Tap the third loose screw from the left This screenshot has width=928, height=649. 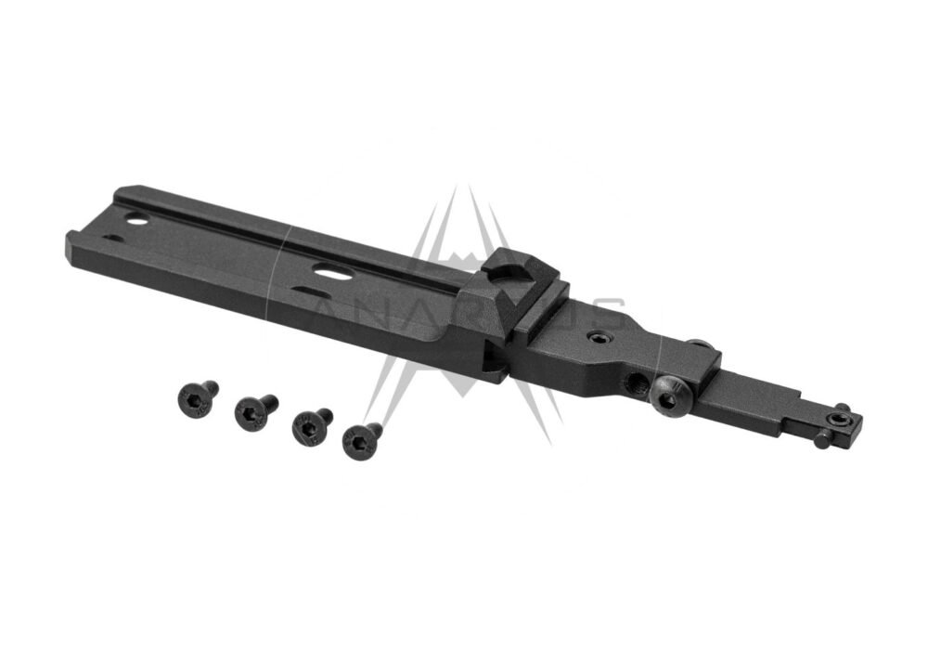[310, 425]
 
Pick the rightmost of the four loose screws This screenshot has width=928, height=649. [360, 439]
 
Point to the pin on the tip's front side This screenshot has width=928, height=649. [822, 439]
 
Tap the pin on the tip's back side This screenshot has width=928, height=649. [843, 408]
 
